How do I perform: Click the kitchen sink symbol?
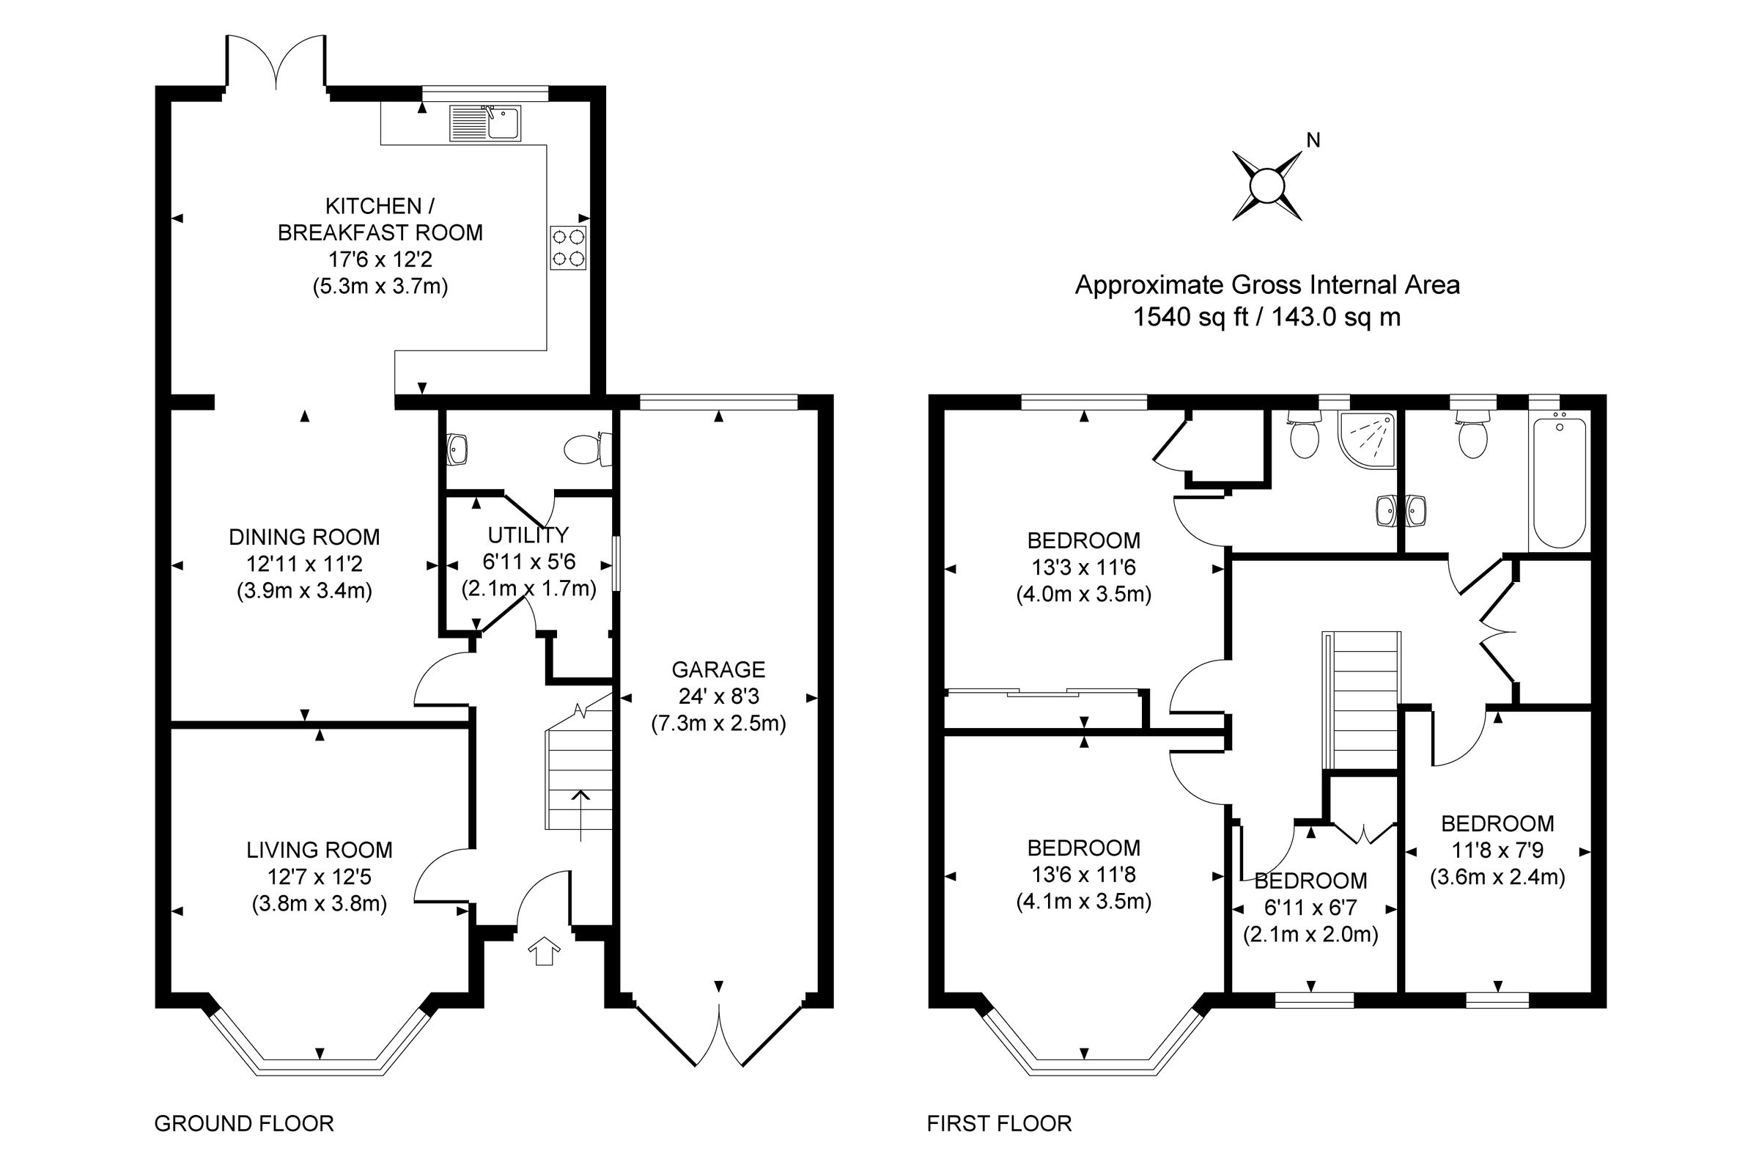484,122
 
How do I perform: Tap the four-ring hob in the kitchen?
567,248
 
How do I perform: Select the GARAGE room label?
718,669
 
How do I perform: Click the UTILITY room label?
528,535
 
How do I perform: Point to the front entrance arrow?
544,951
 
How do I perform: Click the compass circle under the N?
1266,186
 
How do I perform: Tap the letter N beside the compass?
1313,140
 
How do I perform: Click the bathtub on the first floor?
1559,482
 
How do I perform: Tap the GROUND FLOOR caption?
244,1124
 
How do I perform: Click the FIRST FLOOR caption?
999,1124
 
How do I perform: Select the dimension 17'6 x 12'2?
380,260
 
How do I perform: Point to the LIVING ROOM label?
320,850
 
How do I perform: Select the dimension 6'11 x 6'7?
1310,908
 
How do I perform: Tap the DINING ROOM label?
304,537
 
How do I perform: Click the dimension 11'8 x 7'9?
1497,850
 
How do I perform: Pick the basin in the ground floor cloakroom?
457,449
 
